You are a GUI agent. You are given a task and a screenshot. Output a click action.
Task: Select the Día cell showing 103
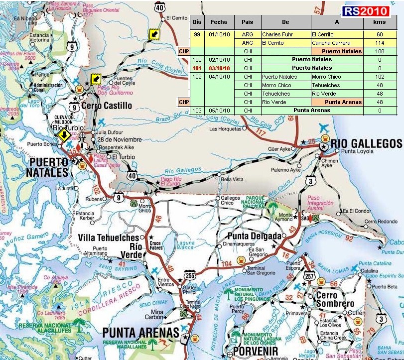pyautogui.click(x=197, y=110)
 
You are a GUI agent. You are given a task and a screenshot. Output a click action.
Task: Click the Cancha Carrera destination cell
pyautogui.click(x=337, y=43)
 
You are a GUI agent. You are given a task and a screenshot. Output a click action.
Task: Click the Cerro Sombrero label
pyautogui.click(x=335, y=299)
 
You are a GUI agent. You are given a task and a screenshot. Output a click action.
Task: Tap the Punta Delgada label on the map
pyautogui.click(x=251, y=236)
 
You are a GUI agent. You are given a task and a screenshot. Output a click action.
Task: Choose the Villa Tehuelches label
pyautogui.click(x=108, y=238)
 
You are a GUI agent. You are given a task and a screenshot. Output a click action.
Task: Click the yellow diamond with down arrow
pyautogui.click(x=64, y=135)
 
